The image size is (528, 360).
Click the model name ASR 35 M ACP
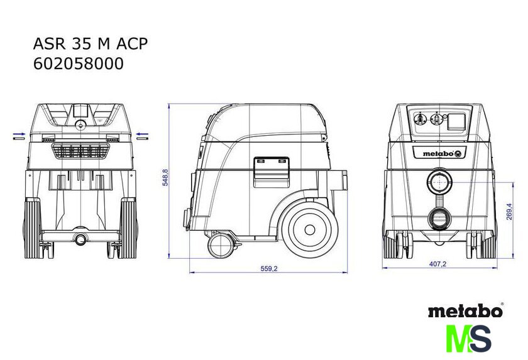91,44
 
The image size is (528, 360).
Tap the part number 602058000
79,63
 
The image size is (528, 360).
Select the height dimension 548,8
165,177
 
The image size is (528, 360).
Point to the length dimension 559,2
269,268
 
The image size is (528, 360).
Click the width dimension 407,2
437,264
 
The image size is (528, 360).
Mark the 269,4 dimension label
509,212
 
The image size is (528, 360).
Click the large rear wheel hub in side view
309,230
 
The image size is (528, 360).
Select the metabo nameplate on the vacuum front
439,153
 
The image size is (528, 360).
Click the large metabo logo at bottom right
466,310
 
